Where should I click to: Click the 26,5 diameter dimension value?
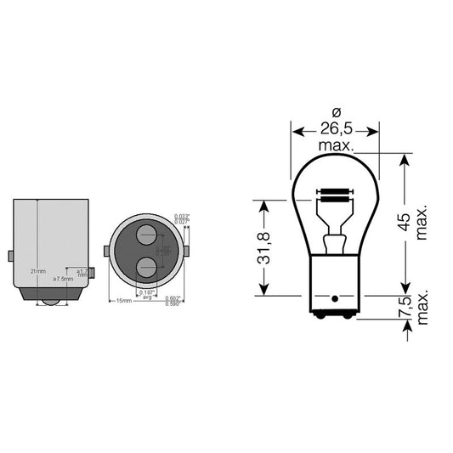[x=335, y=130]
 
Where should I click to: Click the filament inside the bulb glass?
[x=334, y=194]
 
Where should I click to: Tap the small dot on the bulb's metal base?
[x=335, y=299]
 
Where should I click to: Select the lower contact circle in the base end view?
[x=146, y=267]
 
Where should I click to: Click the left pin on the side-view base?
[x=10, y=256]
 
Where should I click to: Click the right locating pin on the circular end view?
[x=187, y=251]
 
